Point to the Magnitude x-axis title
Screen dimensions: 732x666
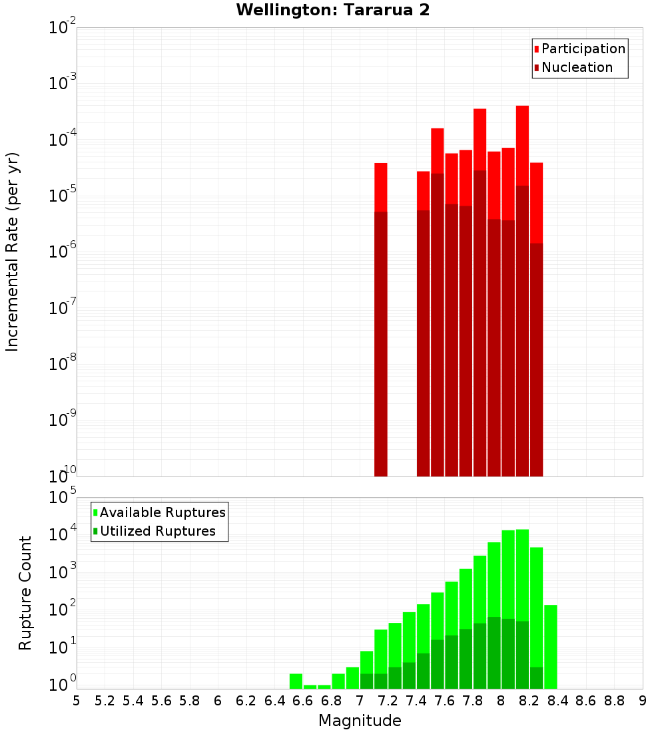[360, 721]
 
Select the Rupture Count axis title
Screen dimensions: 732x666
[25, 593]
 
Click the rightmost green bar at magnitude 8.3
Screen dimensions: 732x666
[550, 645]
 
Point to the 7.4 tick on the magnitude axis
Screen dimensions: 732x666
[416, 700]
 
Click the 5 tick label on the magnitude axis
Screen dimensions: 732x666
[77, 700]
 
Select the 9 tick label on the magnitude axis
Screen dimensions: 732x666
[643, 700]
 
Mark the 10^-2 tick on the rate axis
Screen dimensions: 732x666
[63, 28]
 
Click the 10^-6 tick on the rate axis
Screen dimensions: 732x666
[63, 252]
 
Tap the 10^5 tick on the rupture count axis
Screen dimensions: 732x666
[63, 498]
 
